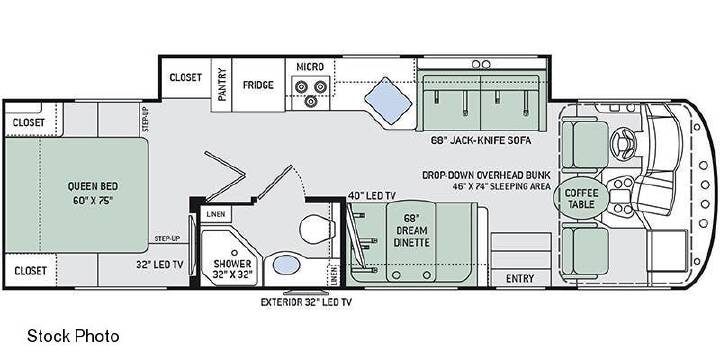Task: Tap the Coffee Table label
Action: coord(582,198)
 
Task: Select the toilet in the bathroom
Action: coord(315,228)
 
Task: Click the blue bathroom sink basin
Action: coord(285,265)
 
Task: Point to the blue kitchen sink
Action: coord(388,101)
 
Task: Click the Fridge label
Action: coord(259,85)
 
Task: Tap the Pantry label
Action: coord(222,85)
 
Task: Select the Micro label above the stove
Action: coord(310,67)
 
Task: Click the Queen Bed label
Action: coord(92,193)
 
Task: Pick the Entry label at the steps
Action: coord(520,279)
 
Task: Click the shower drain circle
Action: coord(235,253)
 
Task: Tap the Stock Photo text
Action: coord(73,336)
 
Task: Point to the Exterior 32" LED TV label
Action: coord(306,302)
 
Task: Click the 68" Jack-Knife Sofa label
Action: coord(480,141)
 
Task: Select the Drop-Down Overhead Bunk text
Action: coord(486,175)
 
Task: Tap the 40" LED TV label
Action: coord(371,196)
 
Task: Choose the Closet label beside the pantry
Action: coord(186,77)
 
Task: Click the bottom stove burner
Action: coord(310,101)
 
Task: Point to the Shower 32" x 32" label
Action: coord(232,270)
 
